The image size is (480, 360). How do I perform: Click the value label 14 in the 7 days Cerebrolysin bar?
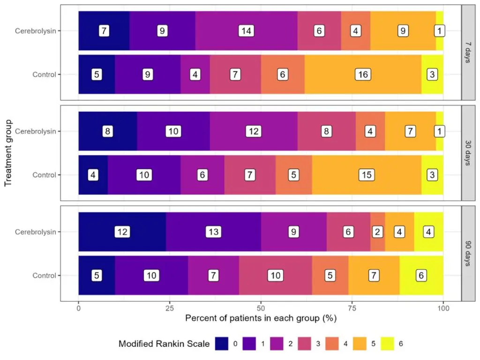pyautogui.click(x=246, y=31)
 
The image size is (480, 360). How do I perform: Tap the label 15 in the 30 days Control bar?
pyautogui.click(x=367, y=175)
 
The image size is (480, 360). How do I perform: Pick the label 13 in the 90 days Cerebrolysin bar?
pyautogui.click(x=213, y=232)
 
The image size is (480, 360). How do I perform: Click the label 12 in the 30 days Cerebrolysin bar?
pyautogui.click(x=254, y=131)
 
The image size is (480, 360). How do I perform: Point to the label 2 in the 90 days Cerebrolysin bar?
pyautogui.click(x=377, y=232)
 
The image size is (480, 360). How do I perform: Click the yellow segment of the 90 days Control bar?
pyautogui.click(x=421, y=276)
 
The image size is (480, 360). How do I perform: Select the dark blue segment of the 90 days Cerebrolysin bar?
pyautogui.click(x=122, y=232)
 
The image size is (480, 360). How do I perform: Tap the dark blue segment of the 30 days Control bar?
pyautogui.click(x=93, y=175)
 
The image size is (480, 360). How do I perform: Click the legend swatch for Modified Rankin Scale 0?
pyautogui.click(x=222, y=344)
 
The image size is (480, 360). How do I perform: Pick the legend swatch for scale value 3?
pyautogui.click(x=305, y=344)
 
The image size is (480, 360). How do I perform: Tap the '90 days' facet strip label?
pyautogui.click(x=468, y=254)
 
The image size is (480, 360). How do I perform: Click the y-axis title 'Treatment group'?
pyautogui.click(x=8, y=153)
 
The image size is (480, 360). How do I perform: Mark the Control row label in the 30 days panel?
pyautogui.click(x=44, y=175)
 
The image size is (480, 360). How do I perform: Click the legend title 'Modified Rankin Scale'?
pyautogui.click(x=164, y=344)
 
